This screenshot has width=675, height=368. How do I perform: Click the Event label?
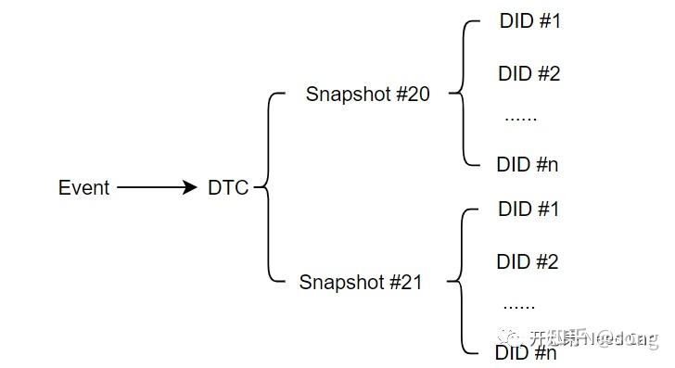click(84, 188)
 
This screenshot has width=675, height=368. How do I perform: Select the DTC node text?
click(228, 188)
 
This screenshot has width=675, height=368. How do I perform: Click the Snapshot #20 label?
click(367, 94)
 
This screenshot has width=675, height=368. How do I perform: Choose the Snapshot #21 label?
click(360, 283)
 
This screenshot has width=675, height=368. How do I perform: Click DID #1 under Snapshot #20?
click(529, 21)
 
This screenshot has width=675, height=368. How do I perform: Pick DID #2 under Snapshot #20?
click(529, 73)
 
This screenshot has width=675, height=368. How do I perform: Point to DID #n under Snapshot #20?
click(528, 165)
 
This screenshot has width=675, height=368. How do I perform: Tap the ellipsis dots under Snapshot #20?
click(520, 119)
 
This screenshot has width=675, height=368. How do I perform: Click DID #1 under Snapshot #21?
click(529, 209)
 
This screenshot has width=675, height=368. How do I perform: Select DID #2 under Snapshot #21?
click(528, 262)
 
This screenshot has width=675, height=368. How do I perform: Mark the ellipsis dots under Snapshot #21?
click(518, 305)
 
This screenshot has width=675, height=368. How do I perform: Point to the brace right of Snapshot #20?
click(462, 94)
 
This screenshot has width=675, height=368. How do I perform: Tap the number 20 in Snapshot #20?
click(418, 94)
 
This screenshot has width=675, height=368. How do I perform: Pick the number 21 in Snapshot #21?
click(411, 283)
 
